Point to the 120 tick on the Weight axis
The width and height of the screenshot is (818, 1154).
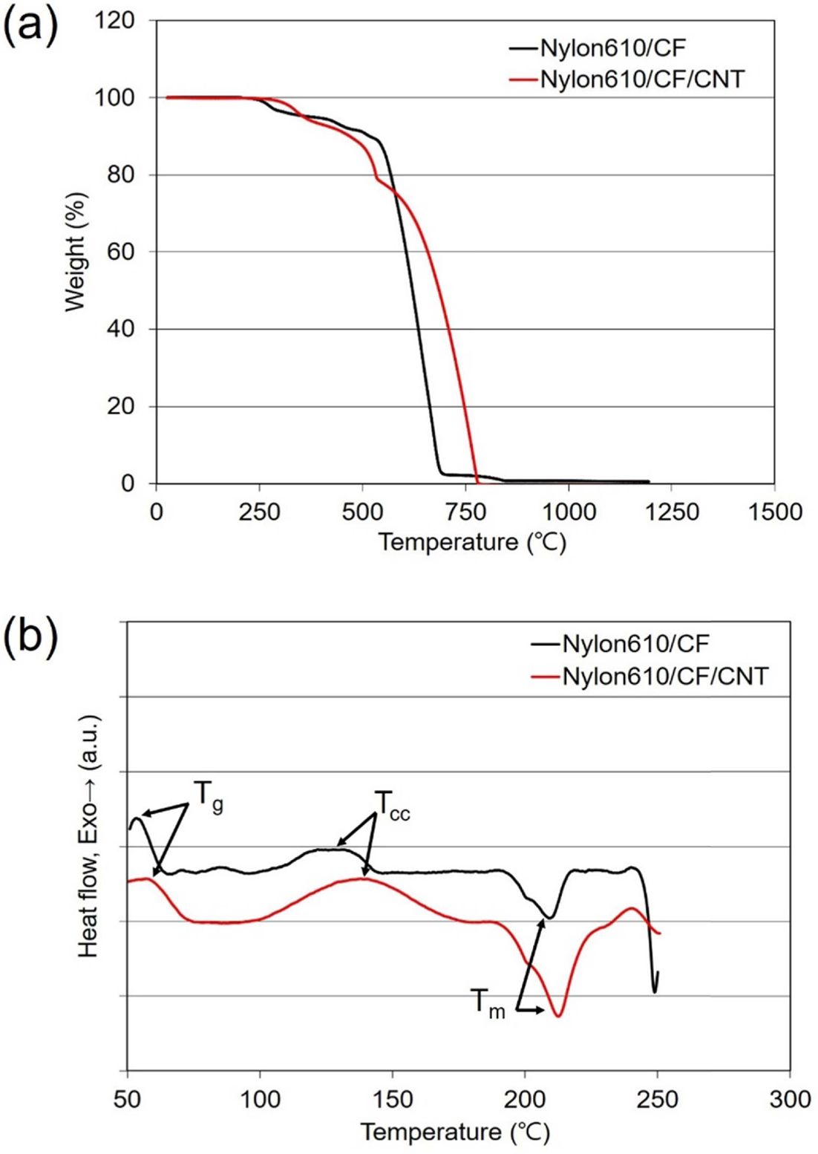pos(114,22)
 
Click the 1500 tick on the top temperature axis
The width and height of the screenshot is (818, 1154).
pos(774,512)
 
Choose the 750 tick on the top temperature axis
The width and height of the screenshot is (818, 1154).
pos(465,512)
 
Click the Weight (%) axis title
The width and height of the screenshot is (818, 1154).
pos(76,252)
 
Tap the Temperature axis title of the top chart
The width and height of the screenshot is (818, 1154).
pos(472,542)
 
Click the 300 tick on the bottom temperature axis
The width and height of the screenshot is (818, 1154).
pos(789,1098)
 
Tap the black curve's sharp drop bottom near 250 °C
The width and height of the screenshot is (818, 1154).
pos(654,991)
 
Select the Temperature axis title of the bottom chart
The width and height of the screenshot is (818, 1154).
pos(455,1132)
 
